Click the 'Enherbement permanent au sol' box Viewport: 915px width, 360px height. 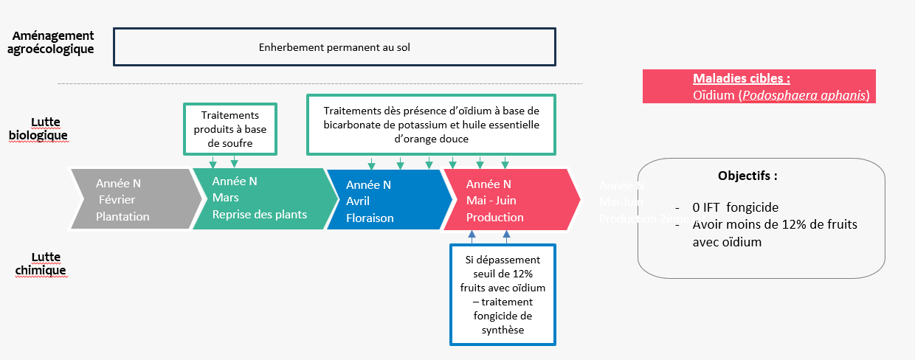[334, 47]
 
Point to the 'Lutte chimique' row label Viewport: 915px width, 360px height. [41, 263]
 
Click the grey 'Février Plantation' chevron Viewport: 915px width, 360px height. [133, 199]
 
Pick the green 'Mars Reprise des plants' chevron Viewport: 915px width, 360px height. [258, 198]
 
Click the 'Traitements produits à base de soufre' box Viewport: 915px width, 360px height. [230, 129]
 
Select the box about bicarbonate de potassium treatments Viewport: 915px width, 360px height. [432, 124]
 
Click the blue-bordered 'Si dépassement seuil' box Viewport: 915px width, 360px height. [503, 294]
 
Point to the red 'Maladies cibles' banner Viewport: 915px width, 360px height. [759, 86]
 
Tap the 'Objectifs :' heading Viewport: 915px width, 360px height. [747, 176]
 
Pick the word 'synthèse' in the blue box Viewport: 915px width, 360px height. [503, 330]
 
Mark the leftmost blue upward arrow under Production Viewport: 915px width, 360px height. [472, 237]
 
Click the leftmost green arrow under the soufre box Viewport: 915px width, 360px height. [213, 162]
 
